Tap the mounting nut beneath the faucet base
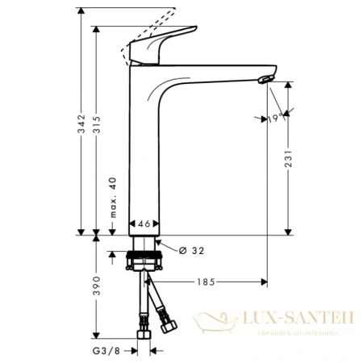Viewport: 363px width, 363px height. [x=146, y=261]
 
